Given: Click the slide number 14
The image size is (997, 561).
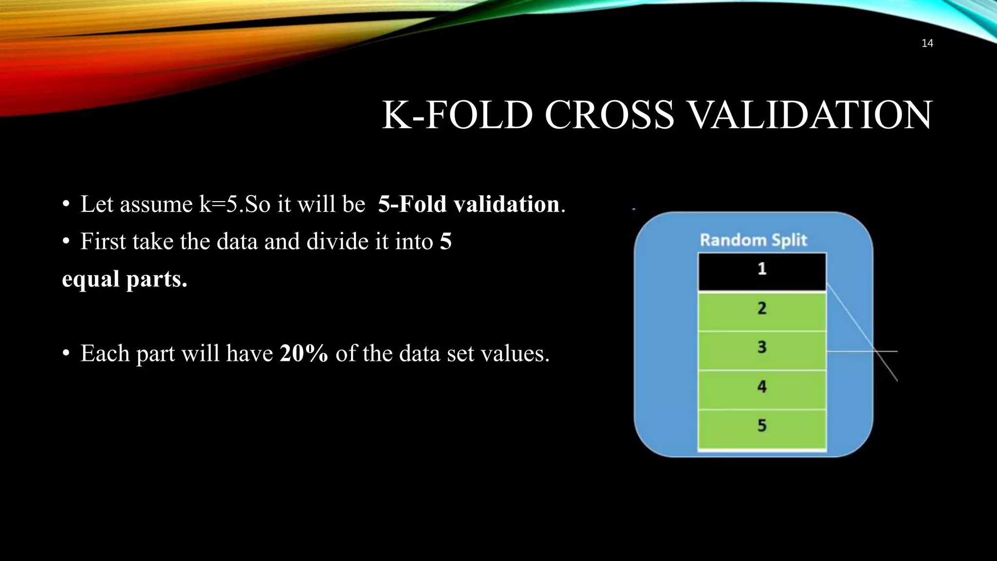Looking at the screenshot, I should [x=927, y=43].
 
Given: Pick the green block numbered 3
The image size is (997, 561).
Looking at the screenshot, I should [x=762, y=350].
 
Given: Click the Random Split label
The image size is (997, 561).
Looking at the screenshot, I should [x=753, y=240].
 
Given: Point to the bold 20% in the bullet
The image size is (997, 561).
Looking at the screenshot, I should [x=304, y=354].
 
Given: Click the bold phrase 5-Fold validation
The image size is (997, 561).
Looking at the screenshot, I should [x=468, y=204].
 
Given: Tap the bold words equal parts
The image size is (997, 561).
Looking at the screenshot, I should [x=125, y=279].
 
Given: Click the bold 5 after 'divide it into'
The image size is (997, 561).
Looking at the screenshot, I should [x=445, y=242].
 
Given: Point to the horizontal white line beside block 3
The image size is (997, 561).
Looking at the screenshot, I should [x=862, y=351].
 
